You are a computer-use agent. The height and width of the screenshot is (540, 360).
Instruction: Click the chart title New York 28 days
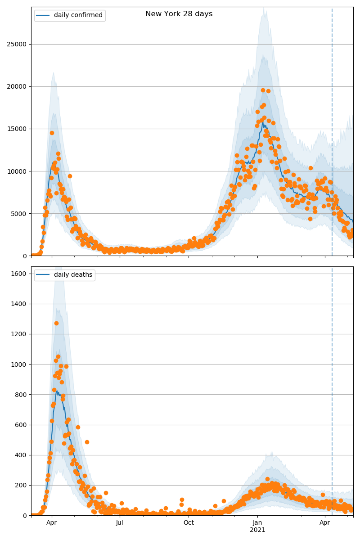click(179, 14)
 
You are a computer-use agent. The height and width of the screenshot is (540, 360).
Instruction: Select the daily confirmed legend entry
click(78, 15)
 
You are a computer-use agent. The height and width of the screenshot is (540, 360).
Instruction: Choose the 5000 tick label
click(19, 213)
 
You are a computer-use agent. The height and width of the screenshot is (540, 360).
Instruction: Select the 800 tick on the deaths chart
click(21, 394)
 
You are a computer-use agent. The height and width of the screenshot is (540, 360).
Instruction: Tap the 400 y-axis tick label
click(21, 455)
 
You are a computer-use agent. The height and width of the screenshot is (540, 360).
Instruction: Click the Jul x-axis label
click(120, 522)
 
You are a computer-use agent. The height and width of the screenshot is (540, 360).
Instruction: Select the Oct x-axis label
click(189, 522)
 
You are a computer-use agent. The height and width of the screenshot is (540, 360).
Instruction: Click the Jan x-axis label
click(257, 522)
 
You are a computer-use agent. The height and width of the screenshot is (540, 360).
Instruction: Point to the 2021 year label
click(257, 530)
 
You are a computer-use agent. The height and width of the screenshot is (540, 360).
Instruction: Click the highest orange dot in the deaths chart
click(56, 323)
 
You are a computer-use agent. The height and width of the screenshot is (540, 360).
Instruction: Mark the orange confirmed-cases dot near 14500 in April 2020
click(52, 133)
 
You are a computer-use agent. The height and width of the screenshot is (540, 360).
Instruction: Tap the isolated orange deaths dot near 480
click(87, 442)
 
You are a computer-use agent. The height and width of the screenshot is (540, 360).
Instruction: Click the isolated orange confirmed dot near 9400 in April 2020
click(70, 176)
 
